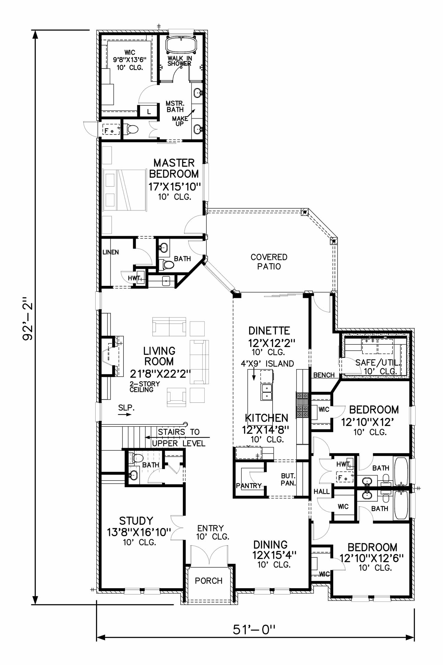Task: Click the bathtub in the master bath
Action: pyautogui.click(x=180, y=45)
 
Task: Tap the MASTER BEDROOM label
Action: pyautogui.click(x=174, y=168)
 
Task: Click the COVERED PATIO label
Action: pyautogui.click(x=269, y=262)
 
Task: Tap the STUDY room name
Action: pyautogui.click(x=136, y=520)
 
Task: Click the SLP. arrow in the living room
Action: pyautogui.click(x=125, y=414)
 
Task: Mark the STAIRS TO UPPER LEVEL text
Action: pyautogui.click(x=179, y=437)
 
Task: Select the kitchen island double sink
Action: pyautogui.click(x=266, y=392)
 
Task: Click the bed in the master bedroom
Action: pyautogui.click(x=124, y=190)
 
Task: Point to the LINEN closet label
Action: pyautogui.click(x=111, y=252)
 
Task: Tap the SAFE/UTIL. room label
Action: pyautogui.click(x=378, y=363)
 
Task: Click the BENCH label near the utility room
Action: pyautogui.click(x=324, y=375)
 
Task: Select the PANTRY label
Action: pyautogui.click(x=249, y=486)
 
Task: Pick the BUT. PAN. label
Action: pyautogui.click(x=288, y=479)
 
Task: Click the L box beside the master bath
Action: pyautogui.click(x=149, y=112)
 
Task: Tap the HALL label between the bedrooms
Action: pyautogui.click(x=321, y=492)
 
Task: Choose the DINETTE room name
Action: pyautogui.click(x=269, y=330)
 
